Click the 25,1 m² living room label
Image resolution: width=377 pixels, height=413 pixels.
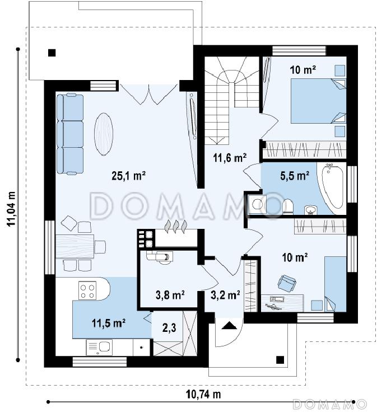click(x=129, y=176)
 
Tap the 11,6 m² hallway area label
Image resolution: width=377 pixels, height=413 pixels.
click(x=230, y=158)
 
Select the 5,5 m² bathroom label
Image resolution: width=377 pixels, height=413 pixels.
click(x=295, y=176)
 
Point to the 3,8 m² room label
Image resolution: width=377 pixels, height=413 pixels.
click(x=170, y=295)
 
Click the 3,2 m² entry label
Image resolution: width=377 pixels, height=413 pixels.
click(x=225, y=295)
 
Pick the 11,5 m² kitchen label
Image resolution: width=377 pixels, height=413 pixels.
click(x=108, y=323)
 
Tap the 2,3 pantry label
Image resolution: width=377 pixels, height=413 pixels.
click(x=169, y=328)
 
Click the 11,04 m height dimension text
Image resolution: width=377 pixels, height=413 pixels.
click(x=11, y=209)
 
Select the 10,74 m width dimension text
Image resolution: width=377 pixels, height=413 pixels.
click(x=203, y=395)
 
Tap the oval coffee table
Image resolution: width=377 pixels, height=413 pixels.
click(x=103, y=134)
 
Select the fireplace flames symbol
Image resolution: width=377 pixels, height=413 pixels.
click(x=176, y=227)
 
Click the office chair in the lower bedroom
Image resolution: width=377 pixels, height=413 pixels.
click(x=287, y=283)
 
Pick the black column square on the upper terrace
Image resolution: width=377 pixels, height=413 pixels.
click(x=52, y=53)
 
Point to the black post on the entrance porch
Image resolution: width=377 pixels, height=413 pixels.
click(x=280, y=359)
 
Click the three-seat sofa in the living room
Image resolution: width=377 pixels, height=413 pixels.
click(x=70, y=134)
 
